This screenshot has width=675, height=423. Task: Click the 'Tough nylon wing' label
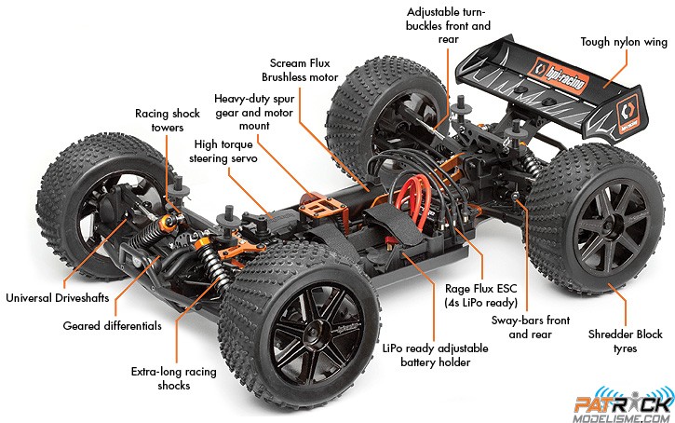[x=624, y=42]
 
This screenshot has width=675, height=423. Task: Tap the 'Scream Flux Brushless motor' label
[x=300, y=70]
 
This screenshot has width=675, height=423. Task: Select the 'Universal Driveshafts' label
[x=57, y=297]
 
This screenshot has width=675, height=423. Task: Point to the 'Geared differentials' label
[x=113, y=326]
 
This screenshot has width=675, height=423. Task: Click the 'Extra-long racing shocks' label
[x=173, y=378]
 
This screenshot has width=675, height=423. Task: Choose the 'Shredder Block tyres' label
[x=625, y=341]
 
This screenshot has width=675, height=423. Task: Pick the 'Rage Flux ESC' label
[x=480, y=288]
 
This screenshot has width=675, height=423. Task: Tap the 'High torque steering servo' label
[x=223, y=151]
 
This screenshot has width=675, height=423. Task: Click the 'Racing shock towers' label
[x=167, y=120]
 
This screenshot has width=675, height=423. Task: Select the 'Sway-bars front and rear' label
[x=531, y=327]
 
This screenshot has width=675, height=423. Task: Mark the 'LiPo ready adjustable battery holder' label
[x=435, y=355]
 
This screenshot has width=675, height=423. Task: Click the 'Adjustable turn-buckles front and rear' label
[x=448, y=25]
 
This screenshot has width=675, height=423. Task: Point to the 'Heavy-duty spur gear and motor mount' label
[x=254, y=113]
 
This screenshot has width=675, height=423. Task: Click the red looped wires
[x=412, y=201]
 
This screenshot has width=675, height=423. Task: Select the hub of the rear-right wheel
[x=613, y=229]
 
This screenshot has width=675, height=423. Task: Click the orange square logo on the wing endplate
[x=628, y=113]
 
